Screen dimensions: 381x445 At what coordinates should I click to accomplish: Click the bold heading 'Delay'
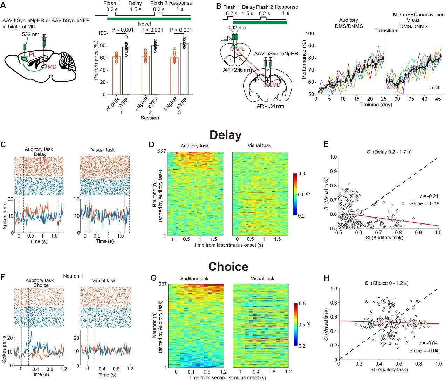point(225,135)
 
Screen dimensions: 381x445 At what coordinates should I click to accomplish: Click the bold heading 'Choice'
point(228,267)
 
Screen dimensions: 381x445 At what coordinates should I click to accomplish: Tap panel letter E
point(326,144)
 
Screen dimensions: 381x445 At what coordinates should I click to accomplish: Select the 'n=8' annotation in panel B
point(434,88)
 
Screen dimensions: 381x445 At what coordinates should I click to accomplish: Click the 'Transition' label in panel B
point(385,31)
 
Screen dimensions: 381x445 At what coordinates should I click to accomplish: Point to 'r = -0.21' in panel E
point(429,196)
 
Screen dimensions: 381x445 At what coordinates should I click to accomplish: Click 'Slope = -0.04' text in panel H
point(424,350)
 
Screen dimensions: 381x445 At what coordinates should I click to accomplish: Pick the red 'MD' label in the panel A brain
point(52,67)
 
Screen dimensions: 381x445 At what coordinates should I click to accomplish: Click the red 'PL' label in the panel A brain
point(32,54)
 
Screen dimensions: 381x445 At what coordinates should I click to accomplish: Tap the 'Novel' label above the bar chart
point(144,24)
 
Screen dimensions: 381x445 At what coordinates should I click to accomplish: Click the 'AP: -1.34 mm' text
point(270,106)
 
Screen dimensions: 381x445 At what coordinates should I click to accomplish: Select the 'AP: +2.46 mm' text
point(237,70)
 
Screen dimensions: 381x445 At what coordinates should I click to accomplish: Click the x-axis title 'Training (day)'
point(376,105)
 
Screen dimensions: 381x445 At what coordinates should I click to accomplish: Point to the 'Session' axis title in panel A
point(150,118)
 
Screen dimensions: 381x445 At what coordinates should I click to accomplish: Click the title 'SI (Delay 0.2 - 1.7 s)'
point(387,152)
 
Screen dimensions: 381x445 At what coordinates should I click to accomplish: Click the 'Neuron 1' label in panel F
point(73,276)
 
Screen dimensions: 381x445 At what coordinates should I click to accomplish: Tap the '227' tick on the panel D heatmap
point(162,152)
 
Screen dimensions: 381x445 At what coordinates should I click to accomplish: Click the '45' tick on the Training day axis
point(438,99)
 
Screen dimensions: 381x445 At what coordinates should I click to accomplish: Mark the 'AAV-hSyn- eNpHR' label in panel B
point(276,54)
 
